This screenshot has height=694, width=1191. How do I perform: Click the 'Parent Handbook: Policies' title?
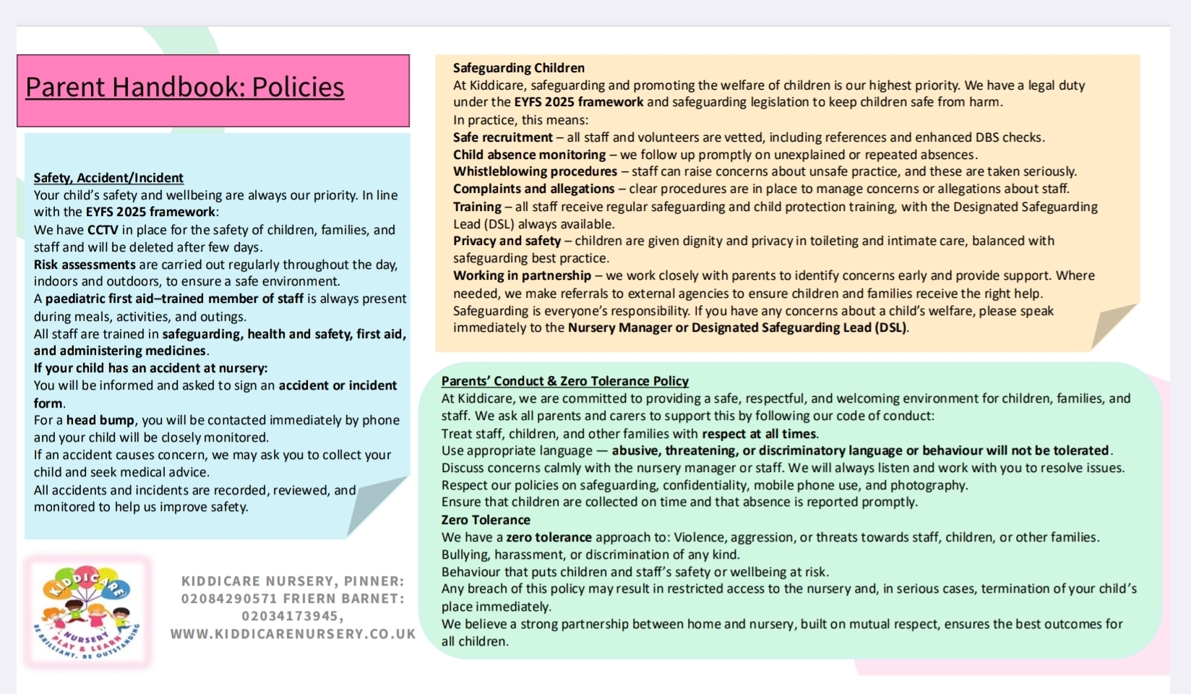[x=184, y=87]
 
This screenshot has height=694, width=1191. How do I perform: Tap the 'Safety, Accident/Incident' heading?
[x=108, y=178]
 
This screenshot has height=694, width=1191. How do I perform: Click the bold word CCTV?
[x=103, y=230]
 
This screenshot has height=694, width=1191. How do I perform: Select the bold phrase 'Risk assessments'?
[x=85, y=265]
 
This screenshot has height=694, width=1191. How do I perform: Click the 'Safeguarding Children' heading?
[x=518, y=68]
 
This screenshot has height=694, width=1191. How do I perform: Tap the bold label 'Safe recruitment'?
[x=502, y=137]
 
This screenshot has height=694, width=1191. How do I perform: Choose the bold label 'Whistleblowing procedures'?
[x=535, y=171]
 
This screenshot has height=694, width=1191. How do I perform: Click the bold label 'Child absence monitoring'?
[x=529, y=155]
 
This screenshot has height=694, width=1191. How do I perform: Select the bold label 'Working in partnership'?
[x=522, y=275]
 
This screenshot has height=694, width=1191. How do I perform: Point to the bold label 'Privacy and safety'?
[x=507, y=241]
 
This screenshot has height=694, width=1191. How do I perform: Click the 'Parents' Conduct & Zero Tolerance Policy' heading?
[x=564, y=381]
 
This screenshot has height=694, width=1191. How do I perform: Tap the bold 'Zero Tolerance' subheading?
[x=486, y=520]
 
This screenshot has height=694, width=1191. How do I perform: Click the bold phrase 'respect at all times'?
[x=759, y=434]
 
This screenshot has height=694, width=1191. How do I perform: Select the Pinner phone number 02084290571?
[x=228, y=599]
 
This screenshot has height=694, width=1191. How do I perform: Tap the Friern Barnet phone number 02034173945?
[x=292, y=616]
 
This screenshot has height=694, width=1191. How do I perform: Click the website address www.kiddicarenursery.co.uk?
[x=293, y=634]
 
